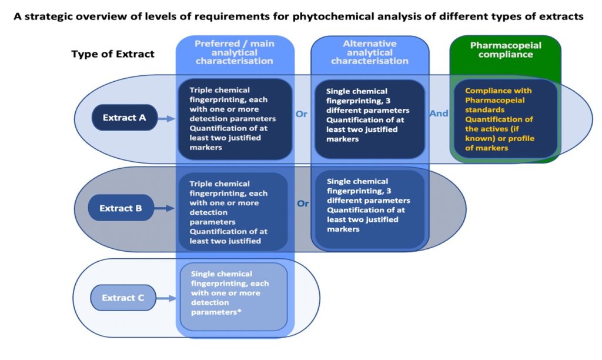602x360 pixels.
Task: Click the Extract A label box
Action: pyautogui.click(x=125, y=118)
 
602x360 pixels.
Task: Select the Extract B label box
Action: pyautogui.click(x=121, y=208)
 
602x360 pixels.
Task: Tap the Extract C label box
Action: pyautogui.click(x=123, y=298)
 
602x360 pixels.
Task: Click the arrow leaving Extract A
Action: pyautogui.click(x=166, y=119)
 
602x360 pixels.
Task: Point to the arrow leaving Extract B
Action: pyautogui.click(x=163, y=208)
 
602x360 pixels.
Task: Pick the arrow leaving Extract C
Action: pyautogui.click(x=166, y=298)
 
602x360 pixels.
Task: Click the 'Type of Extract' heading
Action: pyautogui.click(x=113, y=54)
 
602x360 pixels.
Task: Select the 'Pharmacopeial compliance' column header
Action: pyautogui.click(x=506, y=50)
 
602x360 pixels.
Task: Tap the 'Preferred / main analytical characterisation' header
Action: pyautogui.click(x=235, y=52)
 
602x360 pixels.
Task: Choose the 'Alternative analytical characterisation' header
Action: pyautogui.click(x=370, y=52)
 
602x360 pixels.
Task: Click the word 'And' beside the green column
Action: pyautogui.click(x=439, y=114)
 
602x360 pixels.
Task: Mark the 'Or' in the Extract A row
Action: pyautogui.click(x=302, y=114)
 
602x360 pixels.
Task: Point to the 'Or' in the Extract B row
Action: pyautogui.click(x=303, y=204)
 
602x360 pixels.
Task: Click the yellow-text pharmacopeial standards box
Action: pyautogui.click(x=505, y=119)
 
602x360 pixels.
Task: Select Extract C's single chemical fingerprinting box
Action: pyautogui.click(x=234, y=296)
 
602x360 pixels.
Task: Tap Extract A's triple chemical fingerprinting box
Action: pyautogui.click(x=235, y=119)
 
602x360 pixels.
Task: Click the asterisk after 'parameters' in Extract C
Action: pyautogui.click(x=239, y=311)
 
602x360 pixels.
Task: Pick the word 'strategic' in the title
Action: pyautogui.click(x=47, y=16)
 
